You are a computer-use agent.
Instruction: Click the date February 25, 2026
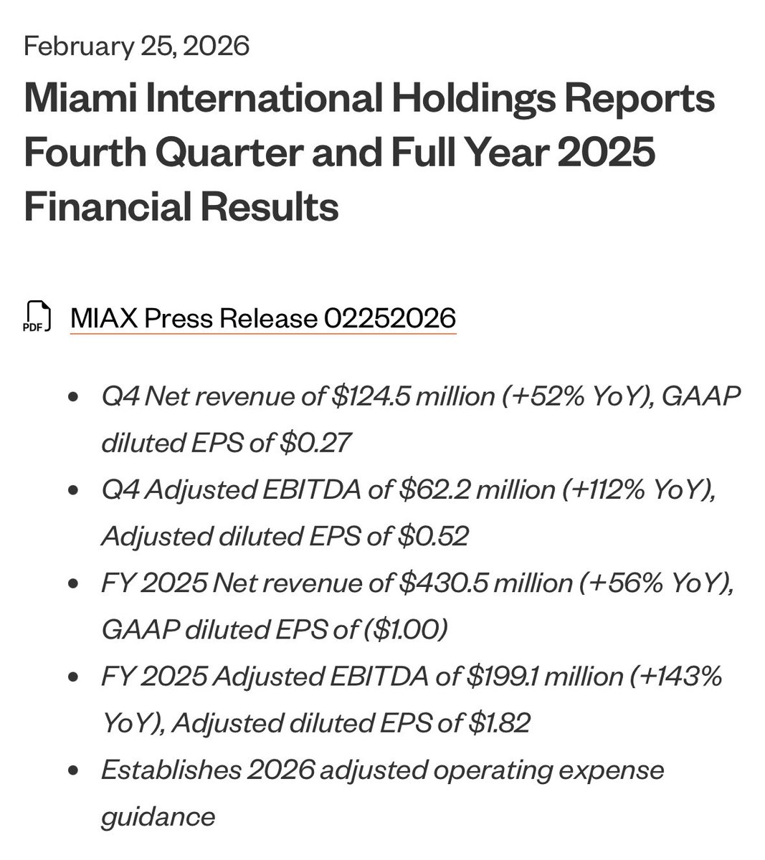click(136, 47)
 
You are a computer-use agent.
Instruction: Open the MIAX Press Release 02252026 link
click(262, 317)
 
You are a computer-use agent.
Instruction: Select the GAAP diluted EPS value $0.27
click(315, 443)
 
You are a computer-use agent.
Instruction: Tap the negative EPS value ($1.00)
click(406, 629)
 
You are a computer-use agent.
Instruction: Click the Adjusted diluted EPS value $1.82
click(498, 722)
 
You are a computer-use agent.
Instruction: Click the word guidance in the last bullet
click(158, 816)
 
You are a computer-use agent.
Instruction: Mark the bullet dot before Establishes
click(72, 771)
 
